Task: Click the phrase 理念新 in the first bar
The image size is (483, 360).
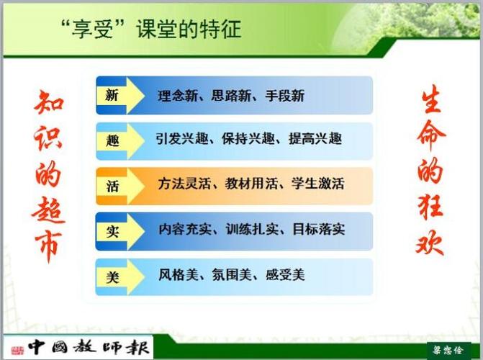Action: (178, 96)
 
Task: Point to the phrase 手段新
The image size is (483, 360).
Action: (285, 96)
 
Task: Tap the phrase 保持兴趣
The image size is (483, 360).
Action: (248, 139)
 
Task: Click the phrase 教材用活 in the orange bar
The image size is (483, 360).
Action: (251, 184)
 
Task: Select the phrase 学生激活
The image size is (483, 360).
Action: (318, 184)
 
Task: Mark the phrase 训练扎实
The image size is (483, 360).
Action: (252, 229)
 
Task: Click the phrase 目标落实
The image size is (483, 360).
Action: (319, 229)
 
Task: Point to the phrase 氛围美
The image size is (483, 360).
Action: (232, 274)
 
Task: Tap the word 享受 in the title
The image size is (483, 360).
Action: (92, 30)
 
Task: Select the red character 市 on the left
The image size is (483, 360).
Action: (48, 246)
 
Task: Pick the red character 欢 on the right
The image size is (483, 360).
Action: (430, 243)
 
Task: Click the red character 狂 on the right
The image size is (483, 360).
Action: (430, 207)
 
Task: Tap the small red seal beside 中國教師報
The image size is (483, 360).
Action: (17, 351)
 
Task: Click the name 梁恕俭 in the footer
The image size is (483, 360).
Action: (448, 350)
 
